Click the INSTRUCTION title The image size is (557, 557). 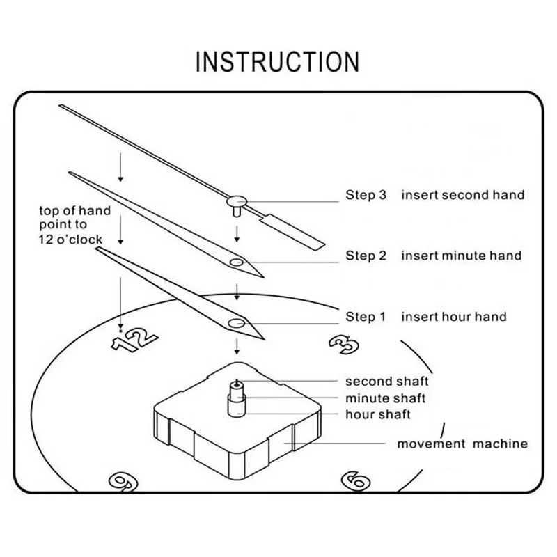(x=277, y=61)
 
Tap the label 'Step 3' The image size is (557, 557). (x=366, y=195)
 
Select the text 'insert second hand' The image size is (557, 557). (x=462, y=195)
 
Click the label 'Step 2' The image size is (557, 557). (x=366, y=256)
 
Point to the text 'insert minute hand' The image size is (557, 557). (x=461, y=256)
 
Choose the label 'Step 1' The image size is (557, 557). (x=366, y=317)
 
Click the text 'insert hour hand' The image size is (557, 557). (x=453, y=317)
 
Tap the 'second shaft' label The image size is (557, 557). (x=387, y=381)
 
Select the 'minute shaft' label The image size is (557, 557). (x=385, y=398)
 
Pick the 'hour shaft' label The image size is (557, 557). (x=378, y=415)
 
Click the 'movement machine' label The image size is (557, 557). (x=462, y=444)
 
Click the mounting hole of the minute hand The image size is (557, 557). (x=237, y=262)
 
